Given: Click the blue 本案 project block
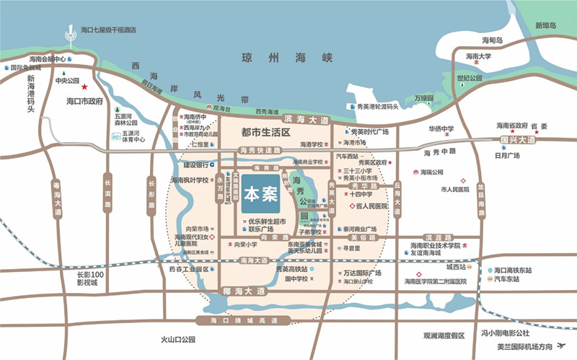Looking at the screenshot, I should (x=260, y=194).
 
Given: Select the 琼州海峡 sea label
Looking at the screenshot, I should (x=287, y=57).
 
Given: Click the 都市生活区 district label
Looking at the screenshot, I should (x=265, y=133).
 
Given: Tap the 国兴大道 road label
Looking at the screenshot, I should (x=517, y=140).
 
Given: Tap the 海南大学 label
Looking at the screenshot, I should (x=478, y=56).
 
